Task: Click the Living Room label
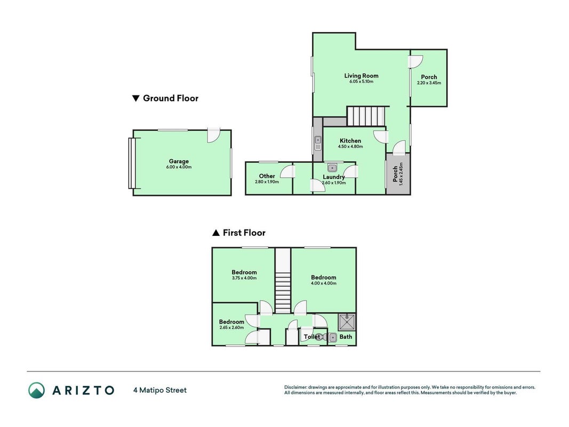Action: [361, 75]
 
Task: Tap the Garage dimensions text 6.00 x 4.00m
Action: [179, 167]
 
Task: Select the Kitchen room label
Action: [350, 140]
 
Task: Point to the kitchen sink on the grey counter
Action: [318, 143]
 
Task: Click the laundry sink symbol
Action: [332, 168]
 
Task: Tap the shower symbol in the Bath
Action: [347, 322]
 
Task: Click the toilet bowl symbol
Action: [320, 337]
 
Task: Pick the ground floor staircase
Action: [366, 116]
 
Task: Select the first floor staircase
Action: [283, 281]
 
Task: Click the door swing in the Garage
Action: [213, 136]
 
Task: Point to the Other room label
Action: [267, 176]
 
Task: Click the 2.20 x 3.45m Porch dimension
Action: [429, 83]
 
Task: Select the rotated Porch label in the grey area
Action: [395, 174]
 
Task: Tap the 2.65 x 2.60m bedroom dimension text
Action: [231, 328]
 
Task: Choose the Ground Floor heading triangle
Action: [136, 98]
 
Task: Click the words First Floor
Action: [244, 233]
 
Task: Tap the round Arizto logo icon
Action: [37, 390]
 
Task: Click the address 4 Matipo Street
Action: [160, 390]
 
